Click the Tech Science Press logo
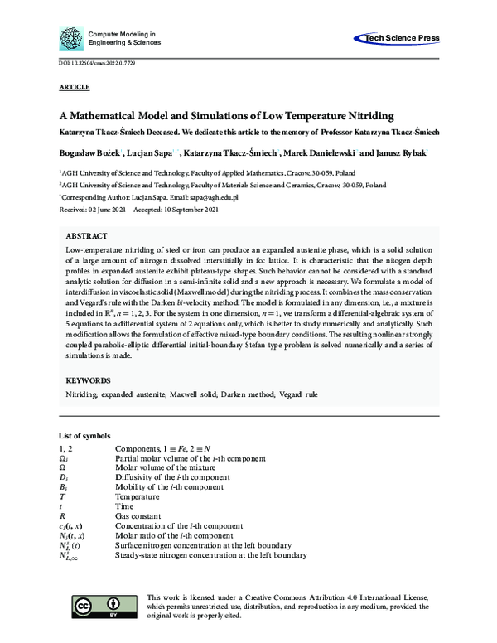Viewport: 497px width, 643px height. click(x=396, y=38)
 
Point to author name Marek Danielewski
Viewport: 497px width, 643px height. click(x=329, y=152)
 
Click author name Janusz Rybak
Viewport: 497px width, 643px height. click(x=402, y=152)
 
